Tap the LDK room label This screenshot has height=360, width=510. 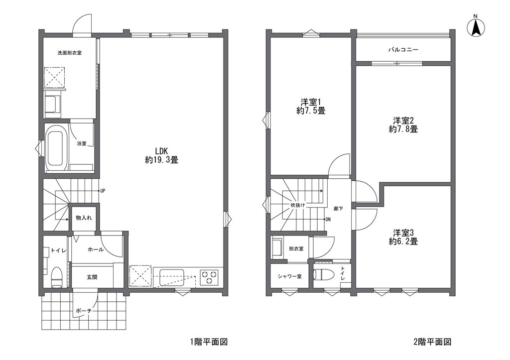tap(161, 151)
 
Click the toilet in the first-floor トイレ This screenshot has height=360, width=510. tap(57, 277)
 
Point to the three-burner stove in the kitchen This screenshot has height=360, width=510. tap(209, 277)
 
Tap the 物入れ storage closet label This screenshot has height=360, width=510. tap(84, 218)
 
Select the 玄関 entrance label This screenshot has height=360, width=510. tap(92, 277)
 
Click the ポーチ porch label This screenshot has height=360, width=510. tap(84, 311)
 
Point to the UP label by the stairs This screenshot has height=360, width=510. tap(103, 191)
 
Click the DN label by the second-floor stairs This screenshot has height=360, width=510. tap(328, 220)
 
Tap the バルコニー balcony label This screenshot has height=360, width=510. tap(403, 50)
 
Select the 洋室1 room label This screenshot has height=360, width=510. tap(311, 102)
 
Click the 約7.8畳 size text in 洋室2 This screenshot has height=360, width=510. tap(403, 129)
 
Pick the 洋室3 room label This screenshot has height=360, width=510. tap(403, 233)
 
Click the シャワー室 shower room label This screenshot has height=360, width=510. tap(289, 276)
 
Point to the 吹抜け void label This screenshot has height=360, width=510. tap(298, 205)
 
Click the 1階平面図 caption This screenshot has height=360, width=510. tap(209, 342)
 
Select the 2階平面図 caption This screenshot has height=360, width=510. tap(432, 342)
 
